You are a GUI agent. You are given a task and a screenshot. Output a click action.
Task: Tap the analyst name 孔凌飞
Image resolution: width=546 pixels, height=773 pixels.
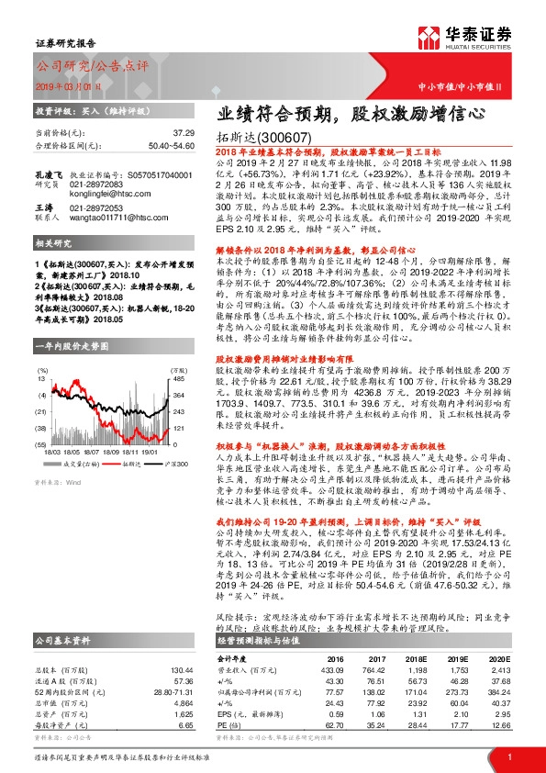click(48, 173)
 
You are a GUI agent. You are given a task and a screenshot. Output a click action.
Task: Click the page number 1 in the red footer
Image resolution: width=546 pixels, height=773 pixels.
click(507, 756)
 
